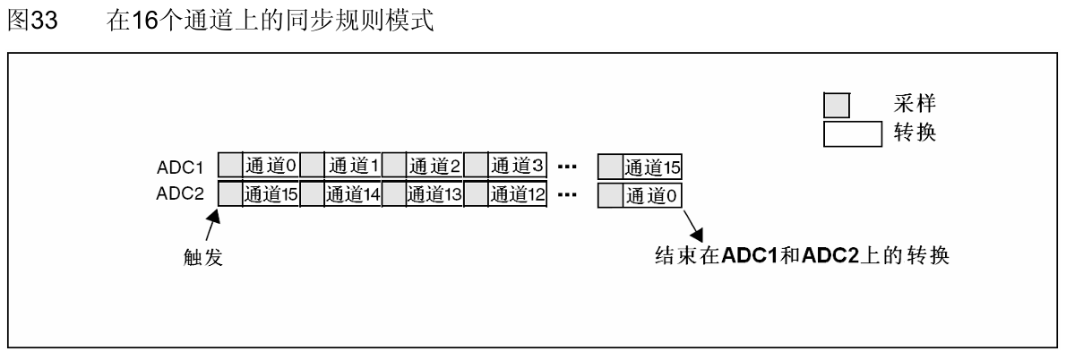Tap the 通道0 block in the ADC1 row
coord(271,166)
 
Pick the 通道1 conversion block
coord(353,166)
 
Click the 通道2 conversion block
coord(434,166)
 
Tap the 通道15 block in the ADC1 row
coord(652,167)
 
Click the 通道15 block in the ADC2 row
coord(271,193)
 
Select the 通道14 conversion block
coord(353,193)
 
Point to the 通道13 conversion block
coord(434,193)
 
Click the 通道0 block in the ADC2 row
coord(652,193)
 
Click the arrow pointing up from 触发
coord(214,224)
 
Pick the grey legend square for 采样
coord(836,106)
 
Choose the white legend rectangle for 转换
coord(853,133)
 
